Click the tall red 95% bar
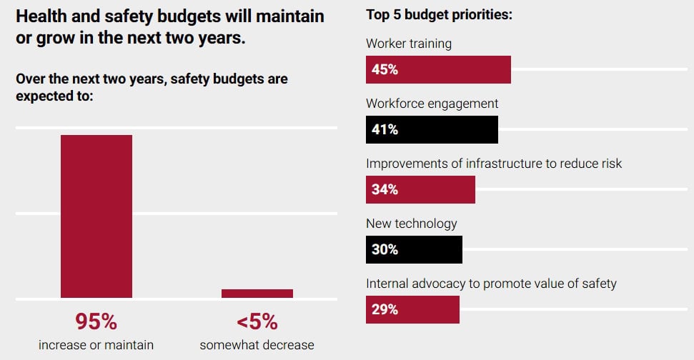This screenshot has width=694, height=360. [x=96, y=216]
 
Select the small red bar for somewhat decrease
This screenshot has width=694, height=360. [x=257, y=294]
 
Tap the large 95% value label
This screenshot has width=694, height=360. [x=96, y=322]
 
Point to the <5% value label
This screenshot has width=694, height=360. [x=257, y=322]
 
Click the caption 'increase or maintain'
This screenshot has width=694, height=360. [x=96, y=345]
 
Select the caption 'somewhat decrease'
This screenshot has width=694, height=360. [x=257, y=345]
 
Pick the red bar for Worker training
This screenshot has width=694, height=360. [x=438, y=70]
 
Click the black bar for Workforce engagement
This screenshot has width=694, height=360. [x=432, y=130]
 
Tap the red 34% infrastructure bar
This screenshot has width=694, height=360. [x=420, y=190]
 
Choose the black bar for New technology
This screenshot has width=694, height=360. [x=414, y=250]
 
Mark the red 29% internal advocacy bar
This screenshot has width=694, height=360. [x=412, y=310]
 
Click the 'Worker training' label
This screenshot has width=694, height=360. [x=409, y=44]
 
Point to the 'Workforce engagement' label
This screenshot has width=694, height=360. [x=432, y=104]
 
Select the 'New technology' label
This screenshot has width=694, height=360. [x=412, y=224]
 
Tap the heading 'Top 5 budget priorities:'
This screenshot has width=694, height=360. [x=439, y=14]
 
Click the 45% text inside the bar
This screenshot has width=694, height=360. [x=385, y=70]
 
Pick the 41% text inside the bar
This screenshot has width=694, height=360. [x=385, y=130]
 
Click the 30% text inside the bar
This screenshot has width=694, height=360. [x=385, y=250]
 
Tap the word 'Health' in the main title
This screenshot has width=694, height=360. [x=41, y=15]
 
